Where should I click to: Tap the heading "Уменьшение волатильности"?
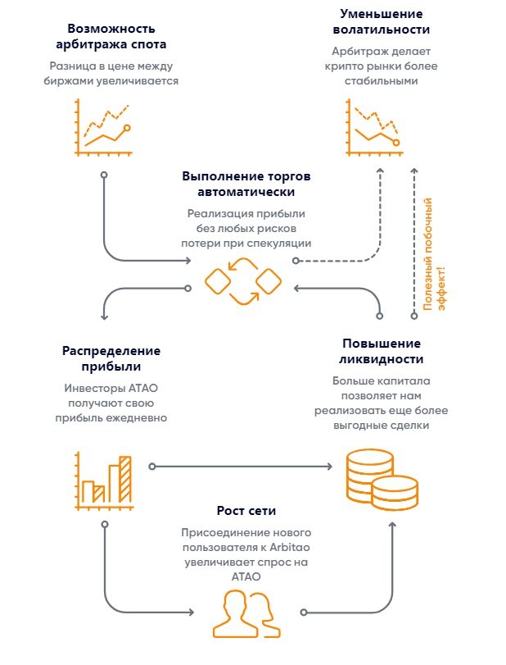tap(382, 23)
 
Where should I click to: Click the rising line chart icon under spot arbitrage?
tap(102, 125)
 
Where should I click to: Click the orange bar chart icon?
tap(102, 478)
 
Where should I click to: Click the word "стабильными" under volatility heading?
tap(382, 81)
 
